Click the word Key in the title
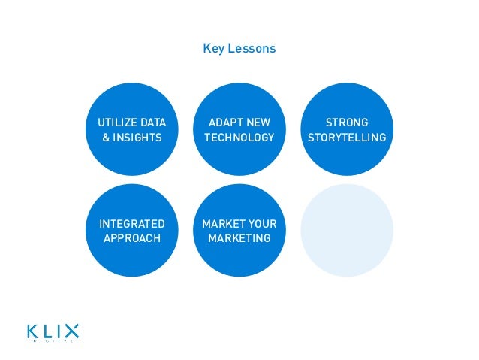[212, 49]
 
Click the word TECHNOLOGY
[239, 138]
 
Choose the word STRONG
[347, 123]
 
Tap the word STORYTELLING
[347, 138]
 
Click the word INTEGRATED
[132, 224]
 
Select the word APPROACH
[132, 238]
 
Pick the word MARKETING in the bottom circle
[239, 238]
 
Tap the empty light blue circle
[346, 230]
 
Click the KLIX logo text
[53, 330]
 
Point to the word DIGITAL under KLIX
[53, 342]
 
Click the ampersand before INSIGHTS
[107, 138]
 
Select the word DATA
[153, 123]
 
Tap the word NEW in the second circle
[258, 123]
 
